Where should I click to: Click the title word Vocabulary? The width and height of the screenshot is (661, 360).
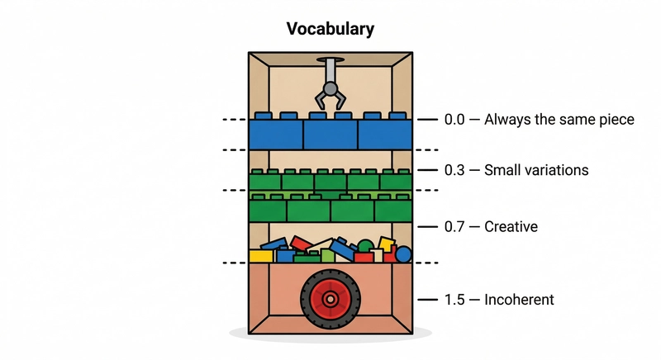pos(330,29)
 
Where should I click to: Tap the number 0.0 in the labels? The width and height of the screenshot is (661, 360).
pos(454,120)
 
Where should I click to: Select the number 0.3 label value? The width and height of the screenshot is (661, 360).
pos(454,170)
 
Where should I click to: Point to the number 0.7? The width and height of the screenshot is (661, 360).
pos(454,225)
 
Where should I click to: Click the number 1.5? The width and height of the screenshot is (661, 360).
pos(454,299)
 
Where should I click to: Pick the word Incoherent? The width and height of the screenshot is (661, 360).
pos(520,299)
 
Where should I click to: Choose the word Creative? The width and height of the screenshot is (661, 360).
pos(511,225)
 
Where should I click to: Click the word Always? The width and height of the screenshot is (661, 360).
pos(507,120)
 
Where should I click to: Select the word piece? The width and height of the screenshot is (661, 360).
pos(616,120)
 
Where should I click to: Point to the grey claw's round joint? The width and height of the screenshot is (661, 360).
pos(330,88)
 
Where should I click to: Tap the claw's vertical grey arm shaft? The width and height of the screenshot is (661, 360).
pos(330,69)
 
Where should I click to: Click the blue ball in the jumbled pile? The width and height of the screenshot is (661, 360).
pos(402,253)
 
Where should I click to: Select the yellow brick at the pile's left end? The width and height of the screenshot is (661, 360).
pos(261,256)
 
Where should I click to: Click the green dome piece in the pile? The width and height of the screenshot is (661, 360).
pos(364,247)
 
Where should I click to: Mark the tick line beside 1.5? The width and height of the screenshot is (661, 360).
pos(426,299)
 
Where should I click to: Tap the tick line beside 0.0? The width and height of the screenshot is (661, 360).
pos(426,120)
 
